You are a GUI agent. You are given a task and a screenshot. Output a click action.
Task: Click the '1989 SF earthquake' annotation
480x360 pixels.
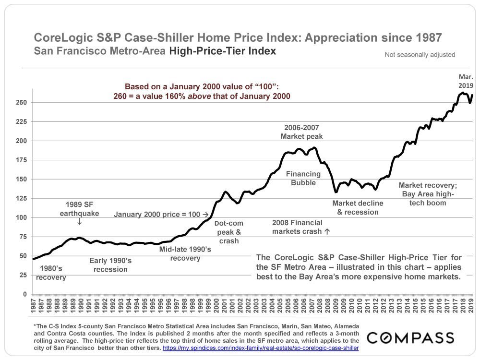79,209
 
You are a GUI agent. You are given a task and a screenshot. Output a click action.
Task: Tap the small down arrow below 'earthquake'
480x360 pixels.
79,222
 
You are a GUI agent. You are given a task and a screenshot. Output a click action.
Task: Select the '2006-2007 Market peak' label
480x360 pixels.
301,132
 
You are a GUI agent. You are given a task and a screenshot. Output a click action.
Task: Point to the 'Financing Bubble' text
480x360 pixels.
301,178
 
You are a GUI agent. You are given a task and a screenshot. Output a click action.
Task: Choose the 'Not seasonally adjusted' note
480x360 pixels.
420,55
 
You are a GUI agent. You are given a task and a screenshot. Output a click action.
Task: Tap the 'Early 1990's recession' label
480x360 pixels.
110,265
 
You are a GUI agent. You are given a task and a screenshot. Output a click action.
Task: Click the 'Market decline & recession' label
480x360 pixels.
358,207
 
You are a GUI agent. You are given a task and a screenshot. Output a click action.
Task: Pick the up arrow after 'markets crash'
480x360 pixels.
327,231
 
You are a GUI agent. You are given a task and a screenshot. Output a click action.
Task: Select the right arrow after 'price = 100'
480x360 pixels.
205,214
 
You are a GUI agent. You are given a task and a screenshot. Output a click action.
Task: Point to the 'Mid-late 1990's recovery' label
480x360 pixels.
185,254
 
